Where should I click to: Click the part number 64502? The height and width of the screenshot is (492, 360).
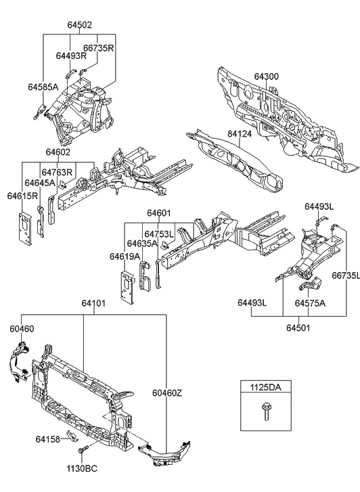79,25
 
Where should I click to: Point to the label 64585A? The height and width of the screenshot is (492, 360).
43,87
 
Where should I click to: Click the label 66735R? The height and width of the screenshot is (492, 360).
98,49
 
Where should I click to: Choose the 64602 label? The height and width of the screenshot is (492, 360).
59,154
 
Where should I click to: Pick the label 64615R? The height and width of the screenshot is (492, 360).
22,196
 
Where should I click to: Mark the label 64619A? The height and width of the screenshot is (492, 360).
125,256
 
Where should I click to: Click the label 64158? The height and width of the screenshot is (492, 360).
49,439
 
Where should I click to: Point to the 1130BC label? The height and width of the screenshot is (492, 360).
82,468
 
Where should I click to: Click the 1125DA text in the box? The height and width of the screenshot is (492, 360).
265,389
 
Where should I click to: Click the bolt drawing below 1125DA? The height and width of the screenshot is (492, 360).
265,411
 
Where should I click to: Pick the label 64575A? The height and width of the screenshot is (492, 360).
310,304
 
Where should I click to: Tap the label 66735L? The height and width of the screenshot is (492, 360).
345,277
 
